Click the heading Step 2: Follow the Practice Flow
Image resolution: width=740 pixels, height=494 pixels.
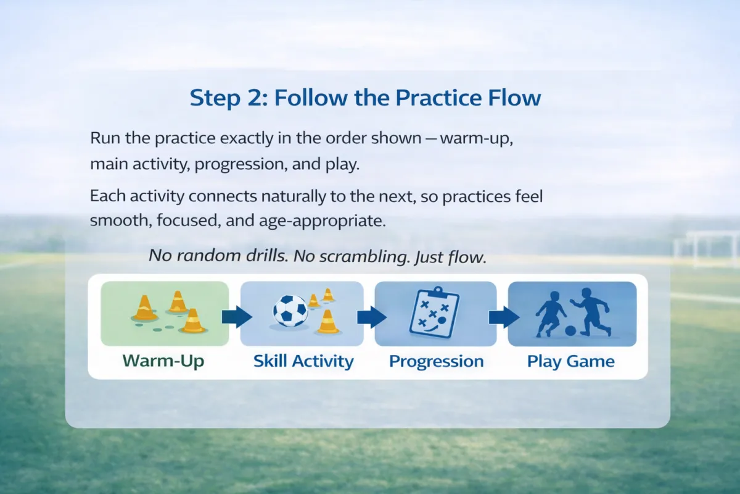[365, 98]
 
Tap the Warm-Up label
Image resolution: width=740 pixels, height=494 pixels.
[163, 361]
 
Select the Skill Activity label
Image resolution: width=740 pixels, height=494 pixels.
[303, 361]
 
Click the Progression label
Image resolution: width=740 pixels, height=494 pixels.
[436, 361]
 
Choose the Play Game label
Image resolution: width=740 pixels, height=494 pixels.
[571, 361]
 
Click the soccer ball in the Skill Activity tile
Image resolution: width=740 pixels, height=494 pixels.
[290, 311]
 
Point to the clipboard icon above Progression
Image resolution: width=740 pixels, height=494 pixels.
[434, 312]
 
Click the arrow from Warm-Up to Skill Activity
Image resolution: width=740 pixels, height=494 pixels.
[237, 317]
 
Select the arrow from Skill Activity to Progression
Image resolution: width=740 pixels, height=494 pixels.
[372, 317]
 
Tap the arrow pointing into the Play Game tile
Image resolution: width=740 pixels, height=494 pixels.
[504, 317]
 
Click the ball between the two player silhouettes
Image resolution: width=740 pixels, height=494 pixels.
[570, 330]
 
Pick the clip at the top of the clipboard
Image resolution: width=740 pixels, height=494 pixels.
[438, 291]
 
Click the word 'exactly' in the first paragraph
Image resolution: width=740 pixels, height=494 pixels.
[247, 138]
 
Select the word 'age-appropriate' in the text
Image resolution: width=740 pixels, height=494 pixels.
[322, 220]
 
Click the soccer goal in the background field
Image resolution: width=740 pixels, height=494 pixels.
[707, 248]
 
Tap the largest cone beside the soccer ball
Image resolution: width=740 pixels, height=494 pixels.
[327, 321]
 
